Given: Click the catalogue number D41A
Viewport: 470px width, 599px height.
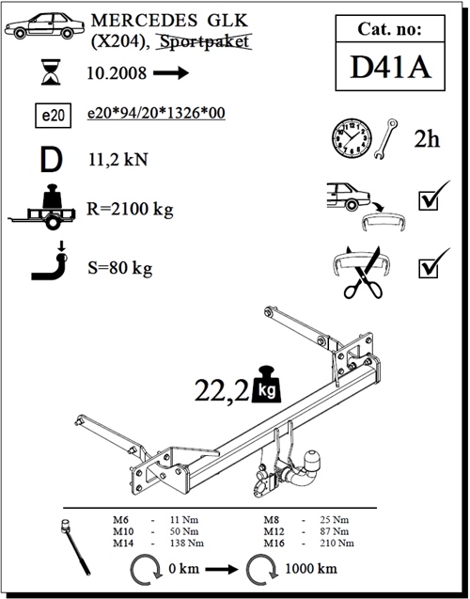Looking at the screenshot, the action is point(390,68).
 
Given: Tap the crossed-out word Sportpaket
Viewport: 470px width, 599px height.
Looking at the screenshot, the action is point(205,42).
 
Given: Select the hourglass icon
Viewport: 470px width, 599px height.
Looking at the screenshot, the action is point(51,71).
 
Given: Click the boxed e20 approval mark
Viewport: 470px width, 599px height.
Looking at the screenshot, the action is point(53,116).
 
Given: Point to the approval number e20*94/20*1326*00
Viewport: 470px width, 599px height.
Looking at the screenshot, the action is point(156,114).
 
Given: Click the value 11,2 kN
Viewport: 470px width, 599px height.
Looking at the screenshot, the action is point(118,159).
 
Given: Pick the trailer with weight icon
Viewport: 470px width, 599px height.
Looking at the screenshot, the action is point(42,207).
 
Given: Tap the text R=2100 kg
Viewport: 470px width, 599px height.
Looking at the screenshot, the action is point(130,210).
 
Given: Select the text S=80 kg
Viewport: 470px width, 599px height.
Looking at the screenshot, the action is point(120,268).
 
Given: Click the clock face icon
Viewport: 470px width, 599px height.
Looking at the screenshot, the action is point(352,137).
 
